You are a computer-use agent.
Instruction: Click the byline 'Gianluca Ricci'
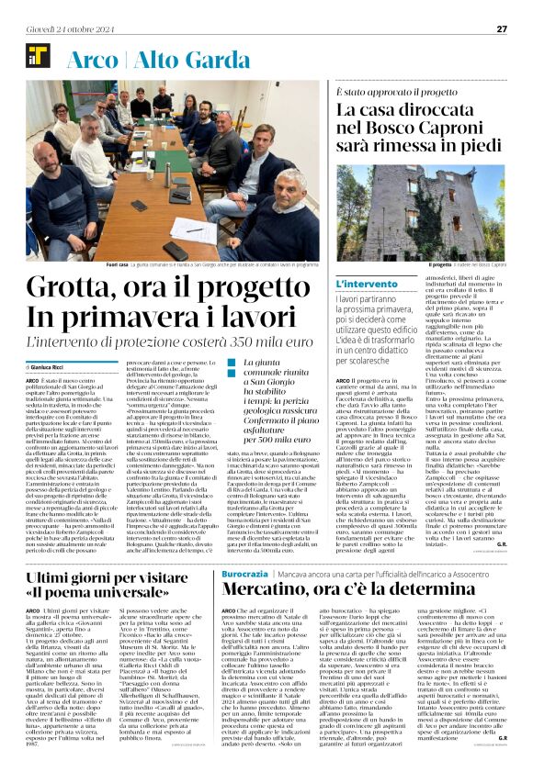point(54,366)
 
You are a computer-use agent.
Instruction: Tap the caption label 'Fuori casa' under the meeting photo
point(118,264)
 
